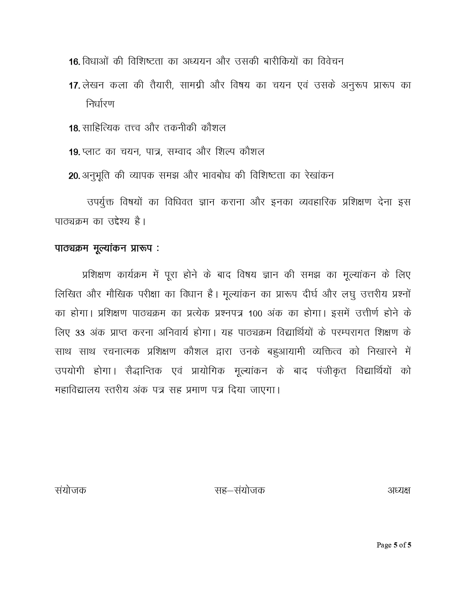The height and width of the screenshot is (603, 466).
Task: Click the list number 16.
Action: click(74, 62)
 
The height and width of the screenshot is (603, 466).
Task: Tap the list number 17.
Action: click(74, 86)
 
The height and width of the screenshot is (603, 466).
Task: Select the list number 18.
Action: click(74, 129)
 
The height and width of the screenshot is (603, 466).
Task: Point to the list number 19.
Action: click(74, 152)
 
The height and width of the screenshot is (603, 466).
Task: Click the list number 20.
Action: click(74, 176)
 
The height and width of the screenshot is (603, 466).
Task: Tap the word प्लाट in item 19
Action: click(91, 151)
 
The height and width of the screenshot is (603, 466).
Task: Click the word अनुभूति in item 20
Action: click(96, 176)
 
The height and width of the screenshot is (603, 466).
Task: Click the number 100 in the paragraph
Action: click(255, 314)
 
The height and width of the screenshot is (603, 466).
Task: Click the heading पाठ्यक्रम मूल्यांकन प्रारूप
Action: click(107, 249)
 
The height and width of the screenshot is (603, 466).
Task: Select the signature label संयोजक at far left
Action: click(71, 490)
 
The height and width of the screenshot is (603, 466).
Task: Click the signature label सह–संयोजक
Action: click(239, 490)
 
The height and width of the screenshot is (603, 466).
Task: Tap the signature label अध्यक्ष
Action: click(399, 490)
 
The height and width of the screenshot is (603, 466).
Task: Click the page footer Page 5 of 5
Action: click(394, 545)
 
